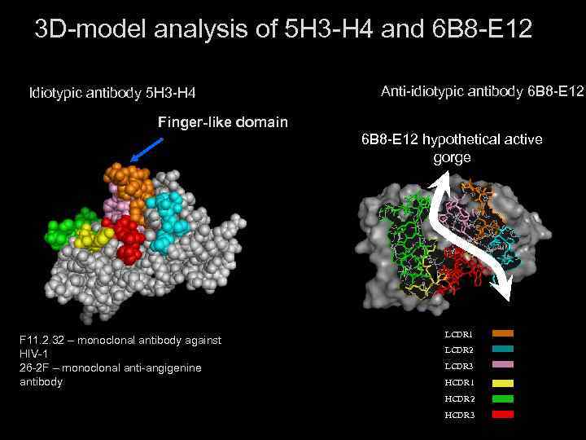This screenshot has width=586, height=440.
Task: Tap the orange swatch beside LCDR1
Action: click(x=503, y=333)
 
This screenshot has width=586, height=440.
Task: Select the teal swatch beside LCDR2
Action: click(x=503, y=350)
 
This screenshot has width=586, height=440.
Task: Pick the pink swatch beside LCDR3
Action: click(x=503, y=366)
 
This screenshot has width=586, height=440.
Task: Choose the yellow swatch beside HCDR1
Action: click(x=503, y=382)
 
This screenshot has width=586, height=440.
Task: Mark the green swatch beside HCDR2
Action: click(x=503, y=398)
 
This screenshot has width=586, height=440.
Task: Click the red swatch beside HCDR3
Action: click(x=503, y=415)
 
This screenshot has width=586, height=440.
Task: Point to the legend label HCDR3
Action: click(x=459, y=416)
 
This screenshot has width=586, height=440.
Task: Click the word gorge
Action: click(x=452, y=157)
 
